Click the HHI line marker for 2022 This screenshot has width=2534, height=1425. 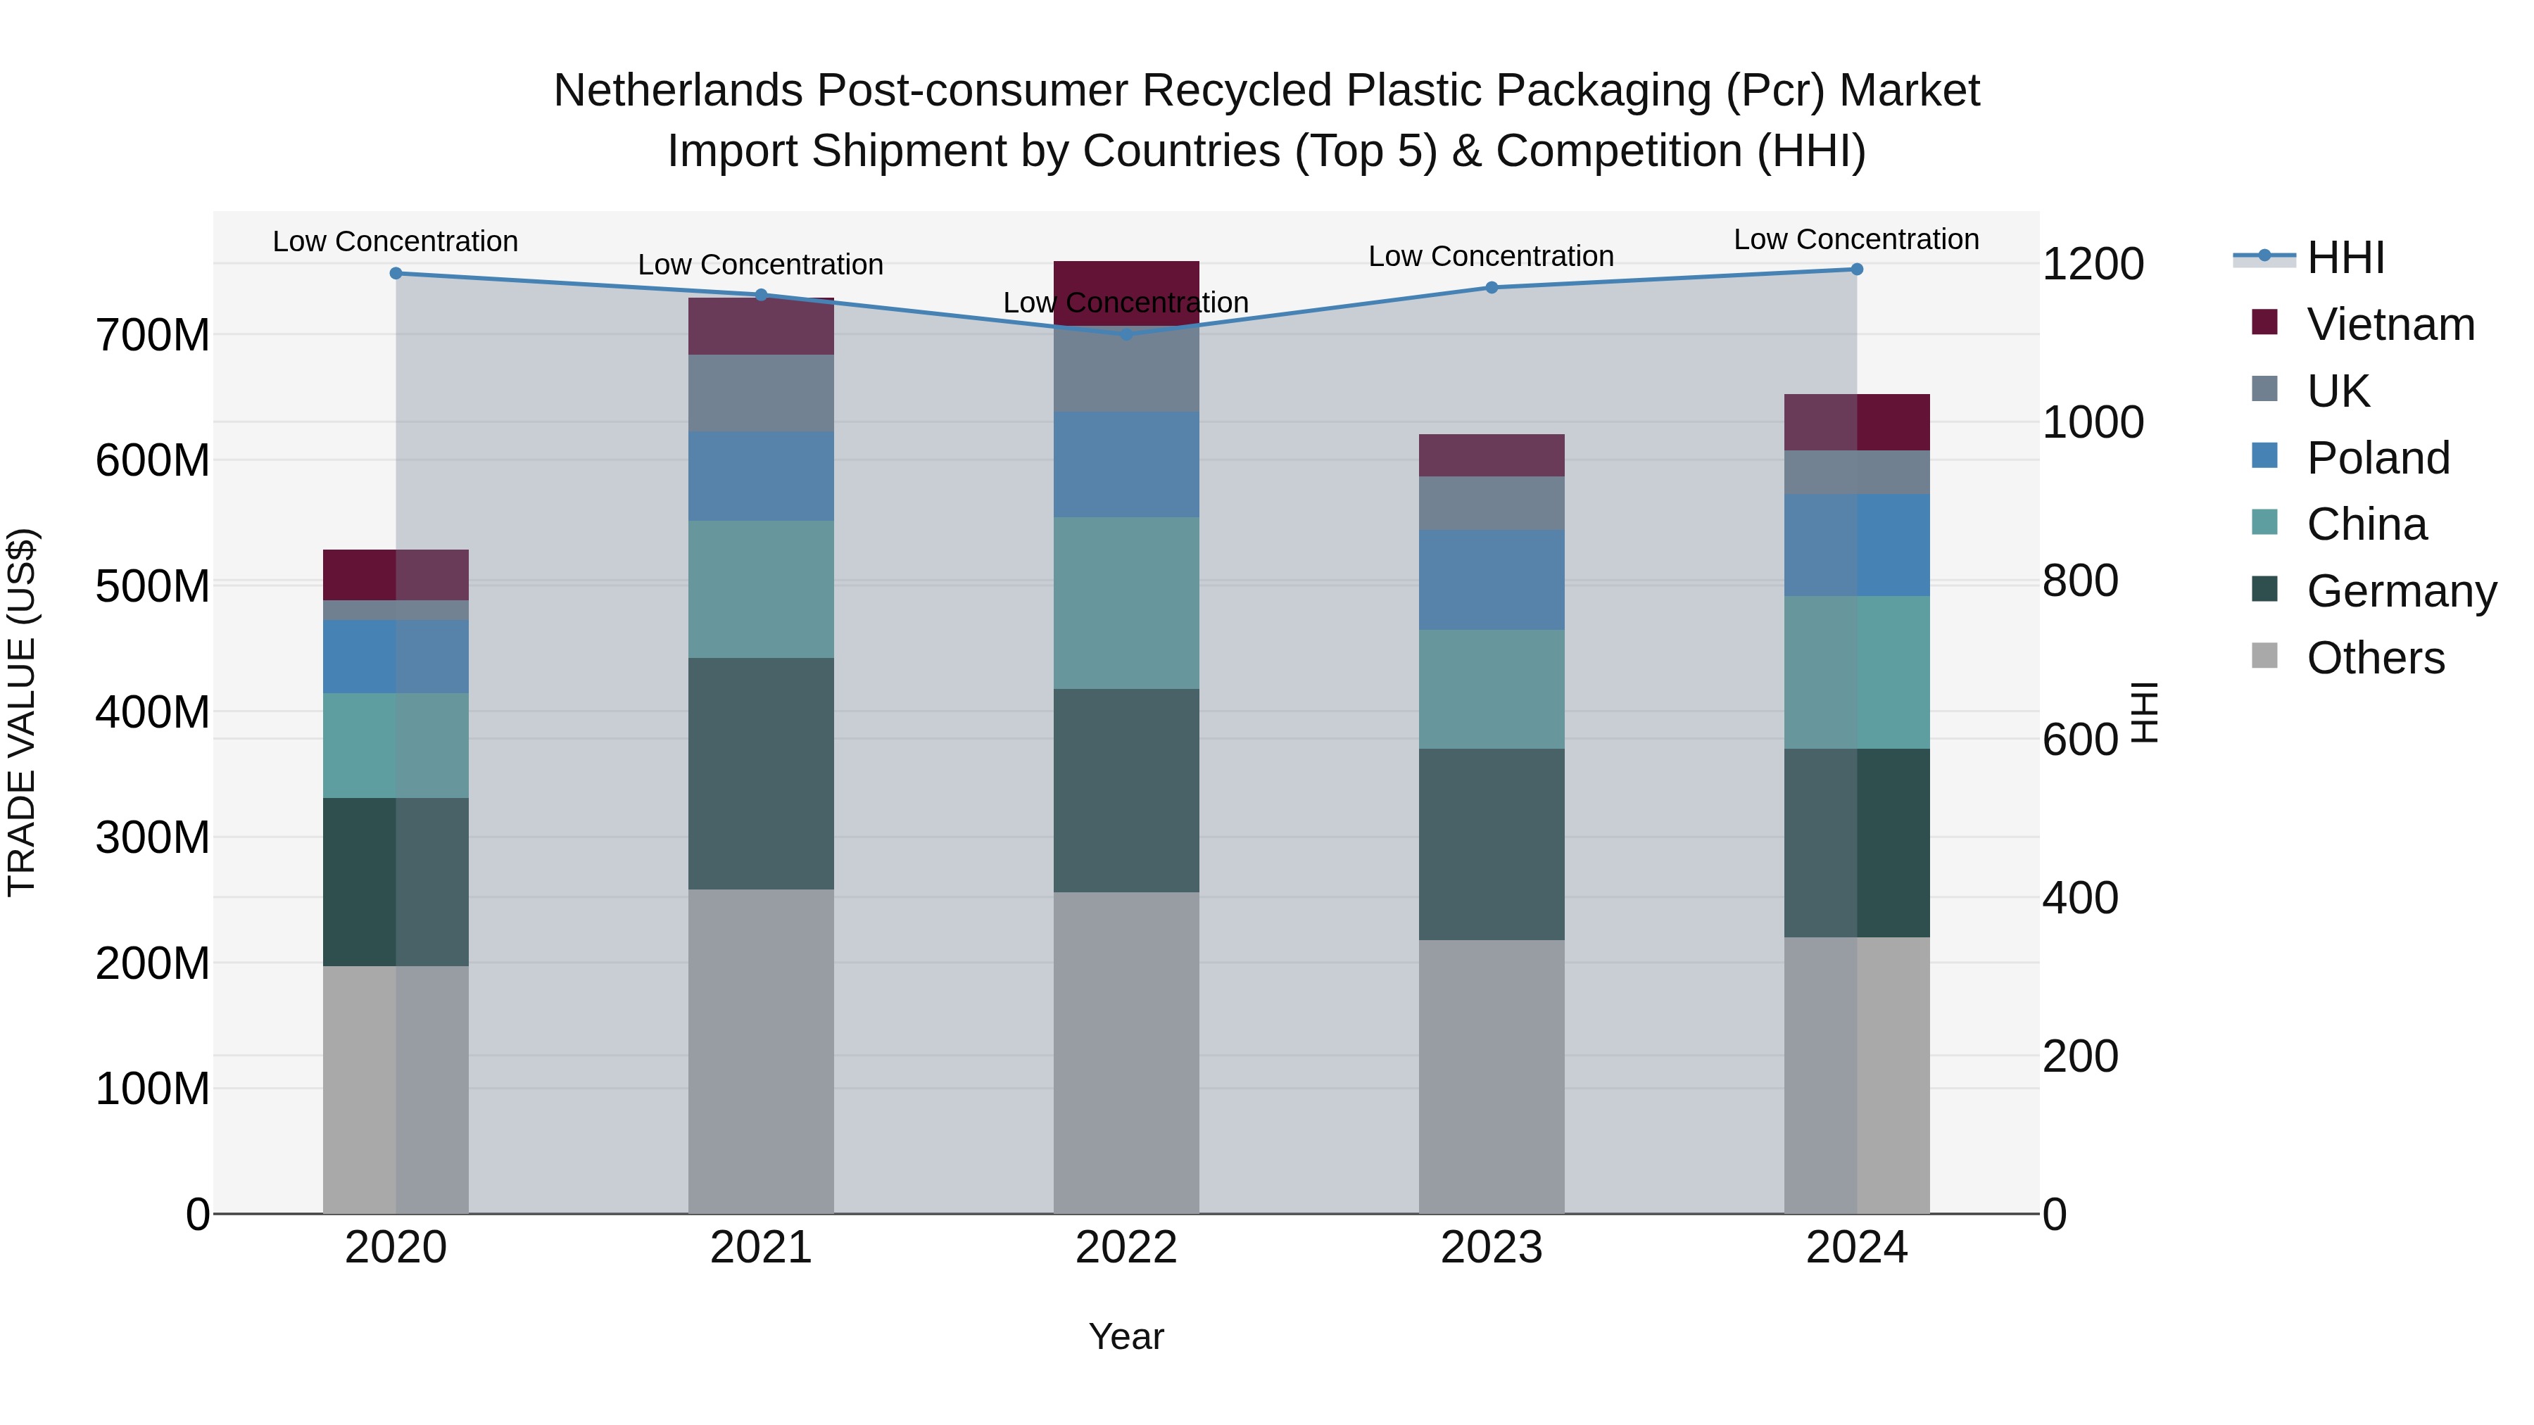pyautogui.click(x=1126, y=334)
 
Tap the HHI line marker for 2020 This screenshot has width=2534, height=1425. pyautogui.click(x=396, y=274)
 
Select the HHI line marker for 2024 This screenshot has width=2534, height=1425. pyautogui.click(x=1856, y=269)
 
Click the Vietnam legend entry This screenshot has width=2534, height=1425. pyautogui.click(x=2390, y=324)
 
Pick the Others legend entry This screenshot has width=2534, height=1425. pyautogui.click(x=2375, y=658)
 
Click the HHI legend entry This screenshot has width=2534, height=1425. pyautogui.click(x=2345, y=258)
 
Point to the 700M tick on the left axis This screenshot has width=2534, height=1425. pyautogui.click(x=153, y=336)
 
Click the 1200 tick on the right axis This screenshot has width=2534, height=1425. pyautogui.click(x=2093, y=264)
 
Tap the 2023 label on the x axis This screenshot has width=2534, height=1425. pyautogui.click(x=1492, y=1247)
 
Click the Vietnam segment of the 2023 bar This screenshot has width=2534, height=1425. pyautogui.click(x=1492, y=455)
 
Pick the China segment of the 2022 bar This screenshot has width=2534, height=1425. pyautogui.click(x=1126, y=603)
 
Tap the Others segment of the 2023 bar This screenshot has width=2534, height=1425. pyautogui.click(x=1492, y=1076)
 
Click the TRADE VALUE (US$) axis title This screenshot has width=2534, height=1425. pyautogui.click(x=22, y=712)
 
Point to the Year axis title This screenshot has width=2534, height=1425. pyautogui.click(x=1126, y=1336)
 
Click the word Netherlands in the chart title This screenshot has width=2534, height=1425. pyautogui.click(x=678, y=91)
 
